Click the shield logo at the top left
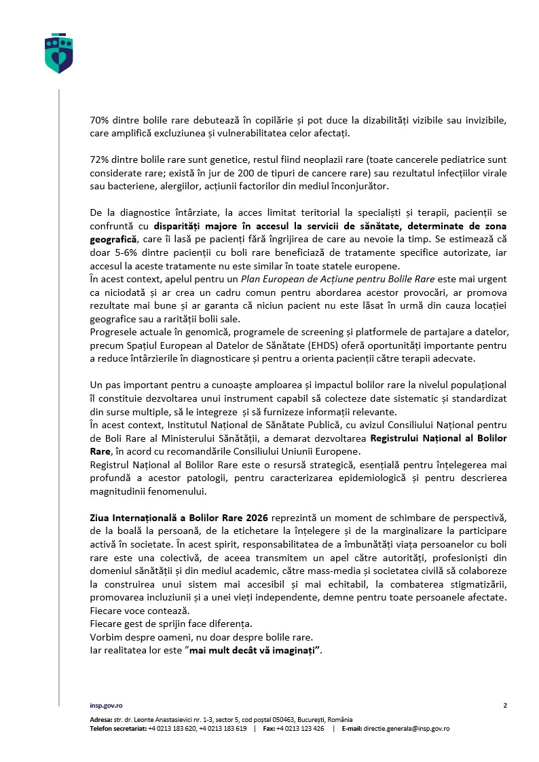[58, 53]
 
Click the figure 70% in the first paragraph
[100, 120]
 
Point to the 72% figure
[100, 159]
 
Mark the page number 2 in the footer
[505, 706]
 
